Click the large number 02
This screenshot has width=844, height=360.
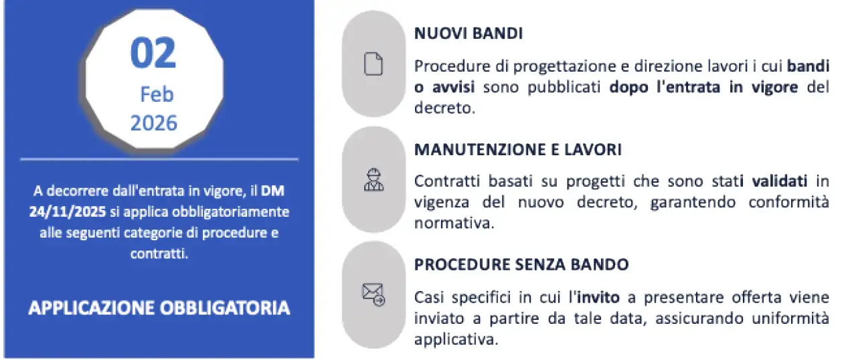pos(153,54)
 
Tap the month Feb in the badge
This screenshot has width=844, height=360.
pos(156,94)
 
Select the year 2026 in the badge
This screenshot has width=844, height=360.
pos(154,123)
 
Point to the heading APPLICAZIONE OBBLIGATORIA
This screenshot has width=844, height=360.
pos(159,308)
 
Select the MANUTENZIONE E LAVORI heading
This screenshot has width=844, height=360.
pos(517,150)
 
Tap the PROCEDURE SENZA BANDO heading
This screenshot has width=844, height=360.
pos(521,264)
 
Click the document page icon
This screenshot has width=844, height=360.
pos(373,64)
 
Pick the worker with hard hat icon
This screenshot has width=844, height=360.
pos(373,179)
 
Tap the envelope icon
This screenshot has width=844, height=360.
pos(373,294)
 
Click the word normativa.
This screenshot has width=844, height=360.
pos(454,223)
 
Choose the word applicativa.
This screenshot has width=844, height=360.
pos(456,339)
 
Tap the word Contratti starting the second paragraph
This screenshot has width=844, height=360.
pos(444,181)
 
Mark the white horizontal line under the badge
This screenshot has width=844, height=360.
pos(159,159)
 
